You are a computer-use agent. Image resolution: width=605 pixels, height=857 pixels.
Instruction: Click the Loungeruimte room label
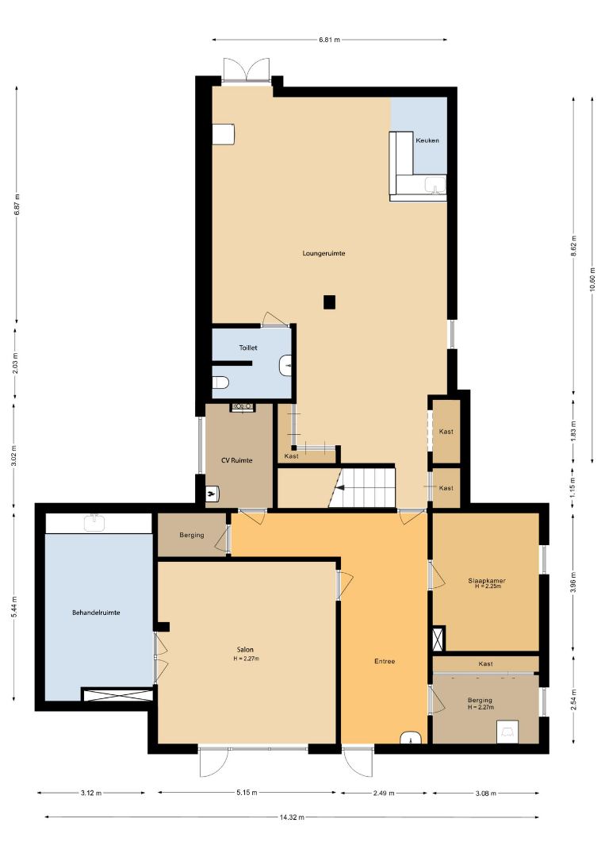(324, 253)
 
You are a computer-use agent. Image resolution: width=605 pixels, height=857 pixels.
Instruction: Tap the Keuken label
(427, 140)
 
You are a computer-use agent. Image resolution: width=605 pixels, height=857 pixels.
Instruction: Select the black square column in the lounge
(329, 302)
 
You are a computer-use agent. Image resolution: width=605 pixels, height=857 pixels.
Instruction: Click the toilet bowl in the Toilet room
(220, 382)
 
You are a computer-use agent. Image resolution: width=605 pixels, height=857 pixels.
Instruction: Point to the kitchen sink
(435, 186)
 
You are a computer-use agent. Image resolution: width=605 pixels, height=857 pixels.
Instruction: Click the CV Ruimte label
(236, 460)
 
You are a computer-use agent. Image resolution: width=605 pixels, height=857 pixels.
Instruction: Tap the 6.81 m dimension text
(329, 40)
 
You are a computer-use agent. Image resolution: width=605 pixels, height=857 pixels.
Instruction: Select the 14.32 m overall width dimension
(292, 817)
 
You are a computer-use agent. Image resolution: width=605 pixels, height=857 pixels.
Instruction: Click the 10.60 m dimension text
(592, 280)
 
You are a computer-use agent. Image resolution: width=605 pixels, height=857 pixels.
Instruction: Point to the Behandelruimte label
(96, 613)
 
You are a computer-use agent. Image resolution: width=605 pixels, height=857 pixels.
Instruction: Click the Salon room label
(245, 650)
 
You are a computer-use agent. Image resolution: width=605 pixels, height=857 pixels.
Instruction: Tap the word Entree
(385, 661)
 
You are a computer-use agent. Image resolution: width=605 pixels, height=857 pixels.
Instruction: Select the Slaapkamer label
(487, 580)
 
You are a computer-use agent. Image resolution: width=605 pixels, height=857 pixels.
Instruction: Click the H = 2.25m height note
(488, 586)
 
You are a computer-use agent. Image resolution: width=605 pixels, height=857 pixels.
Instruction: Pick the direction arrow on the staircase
(340, 487)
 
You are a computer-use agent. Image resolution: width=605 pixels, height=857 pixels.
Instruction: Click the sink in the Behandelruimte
(94, 522)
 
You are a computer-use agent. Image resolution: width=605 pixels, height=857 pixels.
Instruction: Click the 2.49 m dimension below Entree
(384, 793)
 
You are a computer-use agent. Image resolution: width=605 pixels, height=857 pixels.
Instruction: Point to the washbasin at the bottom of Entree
(411, 737)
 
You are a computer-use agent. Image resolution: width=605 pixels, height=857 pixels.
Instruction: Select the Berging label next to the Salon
(192, 535)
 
